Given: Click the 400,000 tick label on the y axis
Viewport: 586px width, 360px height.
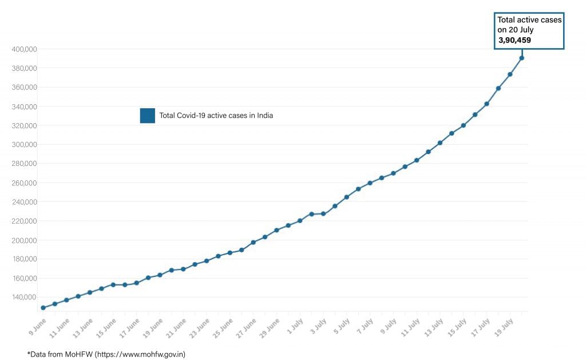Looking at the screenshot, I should (x=24, y=49).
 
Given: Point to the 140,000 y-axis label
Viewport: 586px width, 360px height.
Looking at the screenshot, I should (x=24, y=297).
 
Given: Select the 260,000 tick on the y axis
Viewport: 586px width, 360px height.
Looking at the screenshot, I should (x=24, y=183).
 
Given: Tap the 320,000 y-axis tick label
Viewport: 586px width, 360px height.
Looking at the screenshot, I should (x=24, y=125).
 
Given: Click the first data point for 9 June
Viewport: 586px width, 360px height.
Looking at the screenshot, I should (x=43, y=308).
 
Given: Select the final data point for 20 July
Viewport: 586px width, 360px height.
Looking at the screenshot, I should (x=521, y=58).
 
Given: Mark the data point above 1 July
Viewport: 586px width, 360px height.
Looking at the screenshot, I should (x=300, y=220).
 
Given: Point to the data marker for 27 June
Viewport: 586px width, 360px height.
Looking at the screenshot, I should (x=253, y=242).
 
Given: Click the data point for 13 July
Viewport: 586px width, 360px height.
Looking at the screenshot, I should (x=439, y=143).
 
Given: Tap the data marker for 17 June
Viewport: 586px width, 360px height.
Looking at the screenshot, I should (x=136, y=283).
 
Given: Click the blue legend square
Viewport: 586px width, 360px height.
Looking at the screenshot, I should (x=147, y=116).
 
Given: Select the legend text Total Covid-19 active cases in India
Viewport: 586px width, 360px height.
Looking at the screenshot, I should (x=216, y=116).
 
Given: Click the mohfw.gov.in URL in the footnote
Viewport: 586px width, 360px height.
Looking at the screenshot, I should (x=141, y=354).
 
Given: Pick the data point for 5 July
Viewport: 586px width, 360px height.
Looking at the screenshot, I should (x=346, y=197).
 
